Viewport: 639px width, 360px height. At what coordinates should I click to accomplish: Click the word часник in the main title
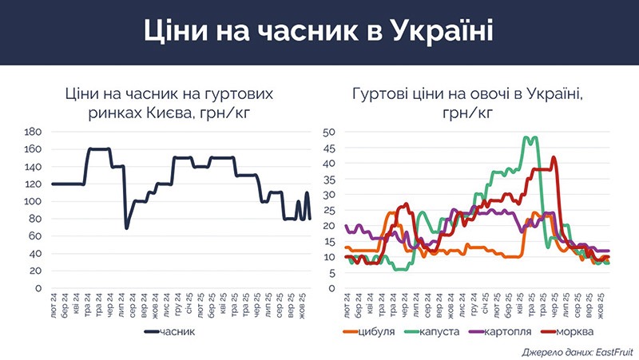pyautogui.click(x=312, y=33)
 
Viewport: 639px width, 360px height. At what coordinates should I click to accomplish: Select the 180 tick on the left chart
pyautogui.click(x=34, y=132)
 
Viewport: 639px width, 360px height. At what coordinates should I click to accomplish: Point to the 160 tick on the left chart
pyautogui.click(x=34, y=149)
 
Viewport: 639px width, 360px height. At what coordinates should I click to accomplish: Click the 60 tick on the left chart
pyautogui.click(x=36, y=235)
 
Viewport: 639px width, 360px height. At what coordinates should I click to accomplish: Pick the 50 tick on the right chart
pyautogui.click(x=329, y=132)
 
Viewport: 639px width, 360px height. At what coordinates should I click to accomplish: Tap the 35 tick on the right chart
pyautogui.click(x=329, y=179)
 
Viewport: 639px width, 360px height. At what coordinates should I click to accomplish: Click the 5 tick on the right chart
pyautogui.click(x=331, y=272)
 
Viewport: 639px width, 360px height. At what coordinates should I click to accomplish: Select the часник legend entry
pyautogui.click(x=177, y=331)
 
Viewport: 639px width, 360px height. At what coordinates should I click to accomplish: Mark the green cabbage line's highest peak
pyautogui.click(x=528, y=137)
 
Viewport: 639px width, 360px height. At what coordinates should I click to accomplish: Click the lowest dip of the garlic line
pyautogui.click(x=126, y=228)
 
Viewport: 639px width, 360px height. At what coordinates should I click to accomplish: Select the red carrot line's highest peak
pyautogui.click(x=554, y=157)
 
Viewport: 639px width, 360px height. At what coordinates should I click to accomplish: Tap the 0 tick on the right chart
pyautogui.click(x=331, y=288)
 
